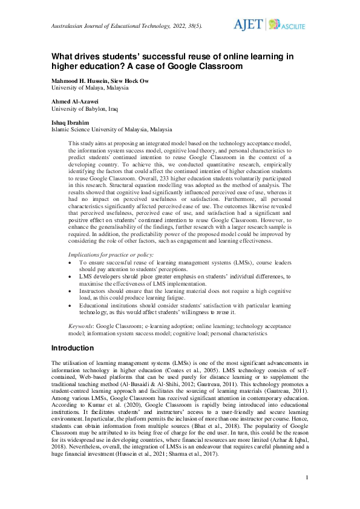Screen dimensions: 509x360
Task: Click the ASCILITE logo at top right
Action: tap(287, 25)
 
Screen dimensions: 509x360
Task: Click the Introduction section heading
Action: tap(72, 348)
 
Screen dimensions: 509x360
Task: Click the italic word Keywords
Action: tap(81, 326)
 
